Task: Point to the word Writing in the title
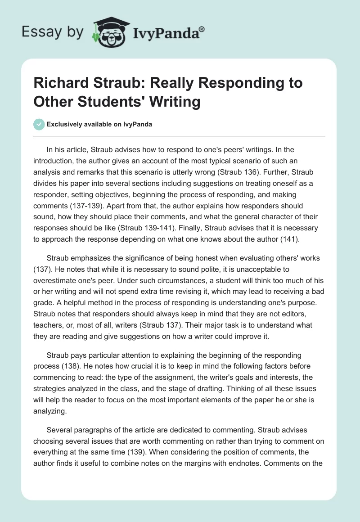click(177, 101)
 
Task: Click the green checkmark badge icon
click(40, 124)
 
